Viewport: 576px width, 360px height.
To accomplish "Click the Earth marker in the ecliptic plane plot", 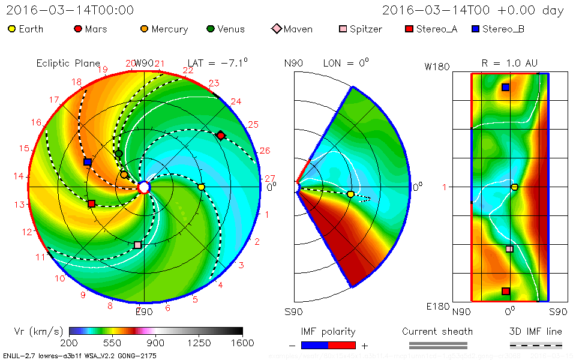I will [x=201, y=187].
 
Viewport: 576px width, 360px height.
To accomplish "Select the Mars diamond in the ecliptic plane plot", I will [x=221, y=136].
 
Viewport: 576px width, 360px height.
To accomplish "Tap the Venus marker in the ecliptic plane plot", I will [x=119, y=154].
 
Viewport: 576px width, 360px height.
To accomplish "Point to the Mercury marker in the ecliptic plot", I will [x=124, y=175].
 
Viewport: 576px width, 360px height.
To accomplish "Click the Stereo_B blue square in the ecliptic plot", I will [x=88, y=162].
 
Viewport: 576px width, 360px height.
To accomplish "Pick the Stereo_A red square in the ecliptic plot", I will [x=91, y=204].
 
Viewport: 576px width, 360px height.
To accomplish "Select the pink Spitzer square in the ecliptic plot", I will [x=138, y=245].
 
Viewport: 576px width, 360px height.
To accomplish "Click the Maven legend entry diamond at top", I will [x=276, y=29].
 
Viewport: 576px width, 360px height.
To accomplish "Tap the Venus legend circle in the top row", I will [x=210, y=29].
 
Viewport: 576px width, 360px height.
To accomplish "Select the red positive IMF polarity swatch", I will [x=342, y=345].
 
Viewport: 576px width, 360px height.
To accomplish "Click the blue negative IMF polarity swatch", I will [x=314, y=345].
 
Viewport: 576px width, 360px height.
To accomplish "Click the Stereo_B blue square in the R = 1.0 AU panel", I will [x=505, y=87].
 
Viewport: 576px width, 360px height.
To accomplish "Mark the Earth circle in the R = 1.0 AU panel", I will [x=514, y=187].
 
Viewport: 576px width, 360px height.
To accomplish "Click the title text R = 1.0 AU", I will [x=509, y=63].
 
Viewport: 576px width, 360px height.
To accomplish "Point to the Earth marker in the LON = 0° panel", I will [x=350, y=194].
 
